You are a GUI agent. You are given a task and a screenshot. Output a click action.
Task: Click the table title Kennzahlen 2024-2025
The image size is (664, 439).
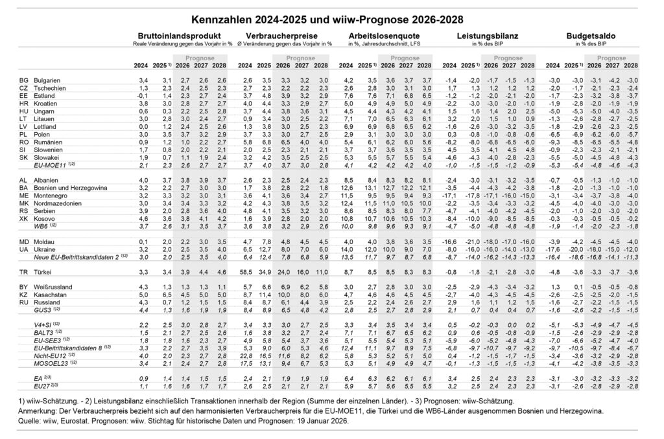331,19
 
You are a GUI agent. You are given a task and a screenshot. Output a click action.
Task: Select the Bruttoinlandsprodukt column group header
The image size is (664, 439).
180,37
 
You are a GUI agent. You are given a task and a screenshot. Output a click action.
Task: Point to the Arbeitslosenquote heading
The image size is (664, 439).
383,37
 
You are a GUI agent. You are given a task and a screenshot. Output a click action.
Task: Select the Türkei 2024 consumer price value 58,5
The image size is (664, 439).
246,271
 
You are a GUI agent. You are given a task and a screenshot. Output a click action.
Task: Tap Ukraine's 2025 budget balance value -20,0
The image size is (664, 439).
571,249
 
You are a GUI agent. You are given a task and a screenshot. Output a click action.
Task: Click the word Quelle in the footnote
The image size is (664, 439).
30,420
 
